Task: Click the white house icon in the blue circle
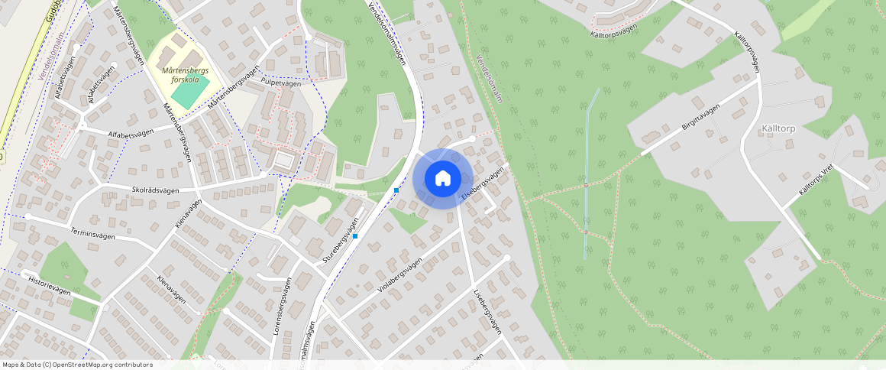pos(442,179)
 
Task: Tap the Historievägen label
pos(50,285)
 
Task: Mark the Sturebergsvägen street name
pos(341,242)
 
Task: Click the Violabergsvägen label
pos(399,277)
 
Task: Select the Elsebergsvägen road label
pos(484,185)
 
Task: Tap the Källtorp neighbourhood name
pos(778,129)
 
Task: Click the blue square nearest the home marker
pos(396,190)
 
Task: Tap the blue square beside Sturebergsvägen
pos(355,236)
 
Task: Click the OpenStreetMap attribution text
pos(78,365)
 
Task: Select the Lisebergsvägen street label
pos(487,312)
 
